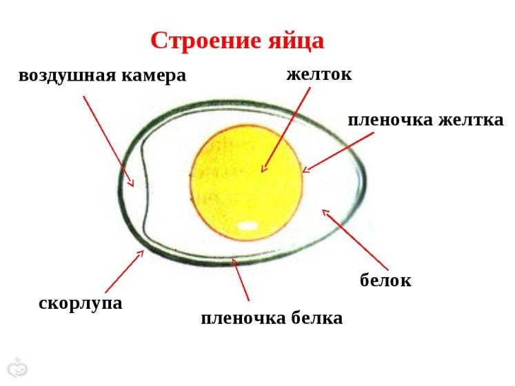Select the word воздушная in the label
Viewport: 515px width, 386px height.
(x=68, y=77)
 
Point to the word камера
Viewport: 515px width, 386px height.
(x=154, y=76)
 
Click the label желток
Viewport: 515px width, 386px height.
(x=319, y=74)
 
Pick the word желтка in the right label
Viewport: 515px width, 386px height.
(x=471, y=120)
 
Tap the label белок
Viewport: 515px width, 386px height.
(x=385, y=281)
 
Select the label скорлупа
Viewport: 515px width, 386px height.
(x=81, y=303)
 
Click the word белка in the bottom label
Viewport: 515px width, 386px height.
(x=317, y=318)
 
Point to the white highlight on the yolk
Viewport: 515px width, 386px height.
(x=247, y=225)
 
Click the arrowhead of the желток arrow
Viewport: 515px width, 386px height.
(x=263, y=169)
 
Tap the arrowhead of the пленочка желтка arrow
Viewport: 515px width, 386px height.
(x=305, y=170)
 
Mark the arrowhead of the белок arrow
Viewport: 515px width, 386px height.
(x=325, y=212)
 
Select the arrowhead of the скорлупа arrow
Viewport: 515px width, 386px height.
(x=141, y=253)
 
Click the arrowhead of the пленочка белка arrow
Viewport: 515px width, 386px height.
(x=234, y=261)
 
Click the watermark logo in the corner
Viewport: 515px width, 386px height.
(x=17, y=368)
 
